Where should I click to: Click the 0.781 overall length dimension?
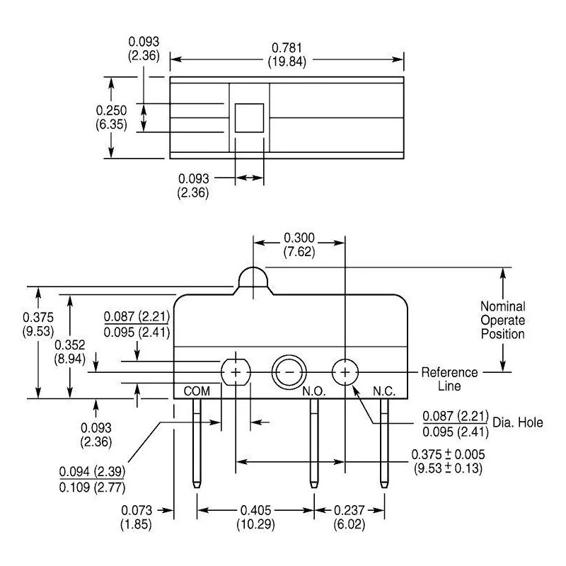click(x=287, y=54)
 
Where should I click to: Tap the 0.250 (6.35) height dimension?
click(x=111, y=117)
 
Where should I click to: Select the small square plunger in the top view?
click(x=250, y=118)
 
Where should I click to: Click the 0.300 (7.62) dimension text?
click(x=299, y=245)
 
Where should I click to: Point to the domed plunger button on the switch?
click(x=253, y=277)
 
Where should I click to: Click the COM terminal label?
click(x=197, y=391)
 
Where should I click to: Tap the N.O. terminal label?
click(x=314, y=391)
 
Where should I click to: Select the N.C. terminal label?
click(x=384, y=391)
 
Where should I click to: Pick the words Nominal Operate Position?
click(x=503, y=320)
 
